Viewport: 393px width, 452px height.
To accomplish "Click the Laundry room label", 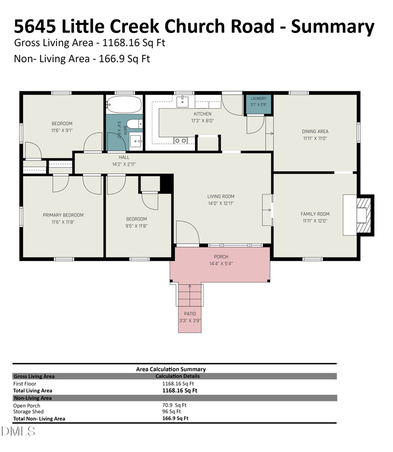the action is [x=258, y=99].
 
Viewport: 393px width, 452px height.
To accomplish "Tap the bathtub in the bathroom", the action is [x=124, y=104].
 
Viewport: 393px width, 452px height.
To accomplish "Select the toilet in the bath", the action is [x=135, y=124].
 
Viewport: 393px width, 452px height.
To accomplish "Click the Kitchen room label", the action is [x=202, y=114].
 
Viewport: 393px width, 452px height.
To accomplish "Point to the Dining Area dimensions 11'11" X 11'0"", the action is [x=315, y=139].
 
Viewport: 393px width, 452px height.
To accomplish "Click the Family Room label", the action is [x=315, y=214].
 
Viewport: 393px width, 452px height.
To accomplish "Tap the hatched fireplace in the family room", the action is [x=364, y=215].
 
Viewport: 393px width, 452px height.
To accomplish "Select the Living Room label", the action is [x=221, y=197].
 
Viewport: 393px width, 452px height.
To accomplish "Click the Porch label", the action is [x=221, y=256].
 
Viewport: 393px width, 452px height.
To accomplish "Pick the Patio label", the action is [x=190, y=313].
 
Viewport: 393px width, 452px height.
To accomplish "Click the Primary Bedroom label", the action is [x=63, y=215].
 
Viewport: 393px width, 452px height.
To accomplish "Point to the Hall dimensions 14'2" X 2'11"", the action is [x=124, y=164].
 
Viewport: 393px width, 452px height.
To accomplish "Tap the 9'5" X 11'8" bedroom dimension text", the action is [x=137, y=226].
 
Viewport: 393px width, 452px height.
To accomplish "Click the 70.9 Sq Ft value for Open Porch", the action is [x=174, y=405].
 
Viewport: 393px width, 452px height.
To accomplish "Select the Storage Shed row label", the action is [x=28, y=412].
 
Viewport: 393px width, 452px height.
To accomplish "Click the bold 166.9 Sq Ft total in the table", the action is [x=175, y=418].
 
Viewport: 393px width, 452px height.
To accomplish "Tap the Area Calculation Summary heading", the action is [x=171, y=369].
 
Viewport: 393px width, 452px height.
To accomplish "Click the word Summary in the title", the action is [x=333, y=27].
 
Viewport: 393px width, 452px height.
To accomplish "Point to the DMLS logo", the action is [x=18, y=431].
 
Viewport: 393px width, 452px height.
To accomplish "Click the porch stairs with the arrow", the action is [x=190, y=295].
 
